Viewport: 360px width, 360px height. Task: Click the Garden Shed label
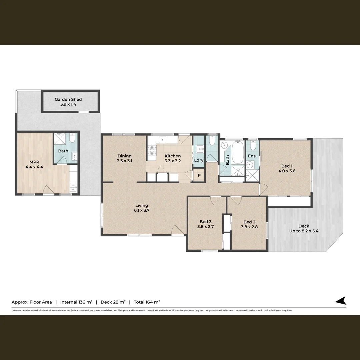pos(68,99)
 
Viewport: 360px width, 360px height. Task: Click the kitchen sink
pos(163,139)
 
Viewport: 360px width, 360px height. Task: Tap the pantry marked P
pos(199,176)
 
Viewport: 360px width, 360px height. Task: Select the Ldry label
pos(199,160)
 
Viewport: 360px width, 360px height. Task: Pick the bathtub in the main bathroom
pos(238,152)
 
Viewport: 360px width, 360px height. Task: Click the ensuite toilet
pos(253,146)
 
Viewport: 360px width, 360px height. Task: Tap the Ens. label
pos(252,156)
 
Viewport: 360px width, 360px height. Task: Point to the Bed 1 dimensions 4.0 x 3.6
pos(287,171)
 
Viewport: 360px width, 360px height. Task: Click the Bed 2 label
pos(249,222)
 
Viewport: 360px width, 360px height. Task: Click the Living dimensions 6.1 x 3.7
pos(141,210)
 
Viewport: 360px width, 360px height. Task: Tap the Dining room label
pos(124,156)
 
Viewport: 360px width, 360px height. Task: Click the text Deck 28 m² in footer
pos(113,302)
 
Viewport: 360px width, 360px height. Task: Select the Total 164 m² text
pos(147,302)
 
